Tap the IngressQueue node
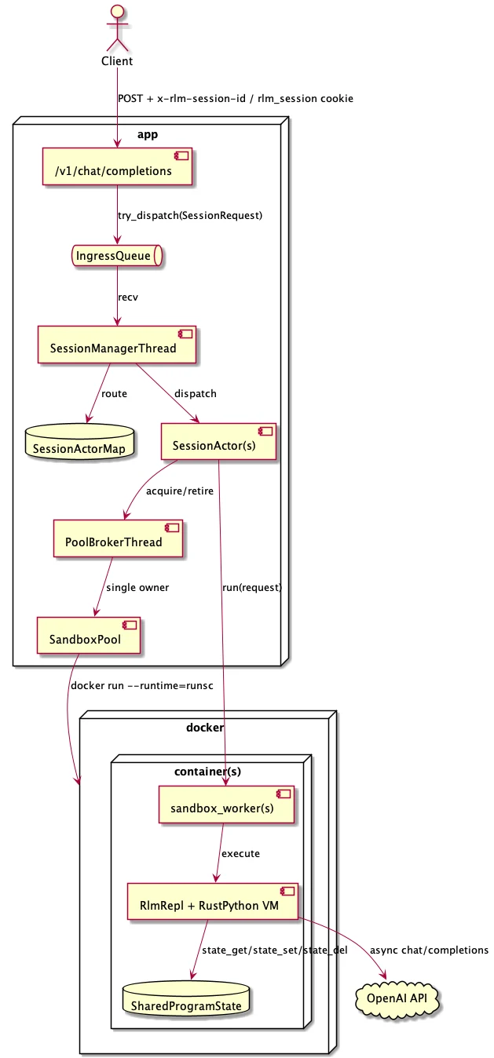[117, 256]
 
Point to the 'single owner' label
[137, 587]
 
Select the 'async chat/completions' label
[429, 950]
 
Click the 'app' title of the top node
[148, 134]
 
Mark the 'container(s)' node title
[207, 771]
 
